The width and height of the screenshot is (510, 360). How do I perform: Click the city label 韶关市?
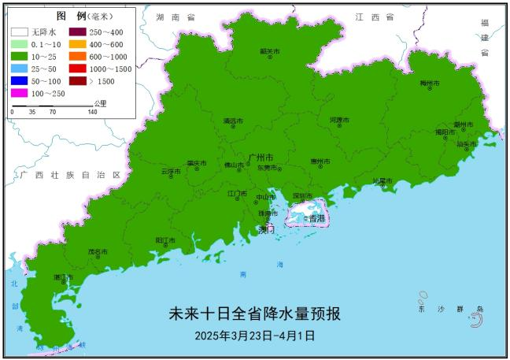[x=270, y=51]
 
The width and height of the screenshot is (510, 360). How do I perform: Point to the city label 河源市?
[x=340, y=120]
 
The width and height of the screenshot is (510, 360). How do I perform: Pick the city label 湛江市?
[x=63, y=277]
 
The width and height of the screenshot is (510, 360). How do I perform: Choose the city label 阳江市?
[x=164, y=239]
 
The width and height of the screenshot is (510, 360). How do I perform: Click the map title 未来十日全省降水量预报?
[x=255, y=314]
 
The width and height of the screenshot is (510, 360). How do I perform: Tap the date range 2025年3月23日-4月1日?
[x=255, y=335]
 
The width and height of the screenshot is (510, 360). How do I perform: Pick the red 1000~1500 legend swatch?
[x=79, y=69]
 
